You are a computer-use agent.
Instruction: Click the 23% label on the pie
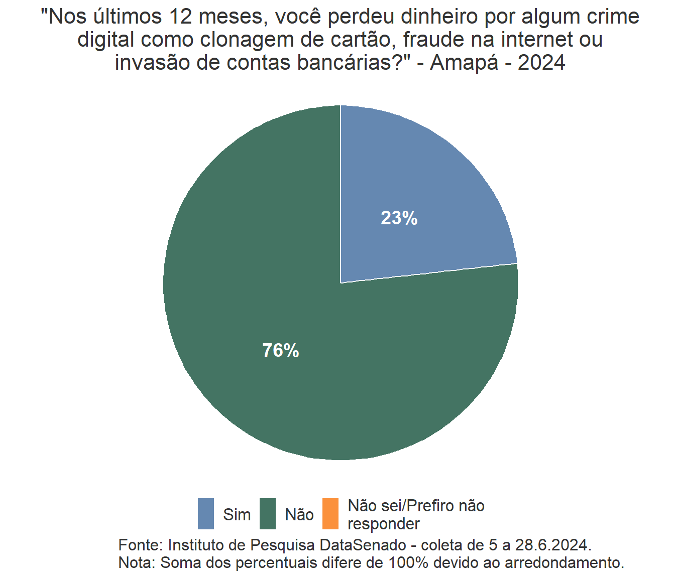(399, 218)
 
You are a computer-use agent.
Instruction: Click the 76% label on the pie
(281, 351)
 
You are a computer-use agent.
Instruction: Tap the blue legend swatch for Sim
(206, 514)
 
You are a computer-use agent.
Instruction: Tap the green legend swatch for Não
(268, 514)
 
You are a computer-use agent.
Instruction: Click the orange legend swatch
(330, 514)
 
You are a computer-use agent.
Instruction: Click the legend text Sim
(237, 515)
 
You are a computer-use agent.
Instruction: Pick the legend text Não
(299, 515)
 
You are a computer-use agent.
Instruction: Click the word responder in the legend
(384, 524)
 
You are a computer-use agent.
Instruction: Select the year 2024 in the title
(541, 63)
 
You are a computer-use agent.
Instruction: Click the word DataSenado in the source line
(363, 545)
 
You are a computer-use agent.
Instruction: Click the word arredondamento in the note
(564, 562)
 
